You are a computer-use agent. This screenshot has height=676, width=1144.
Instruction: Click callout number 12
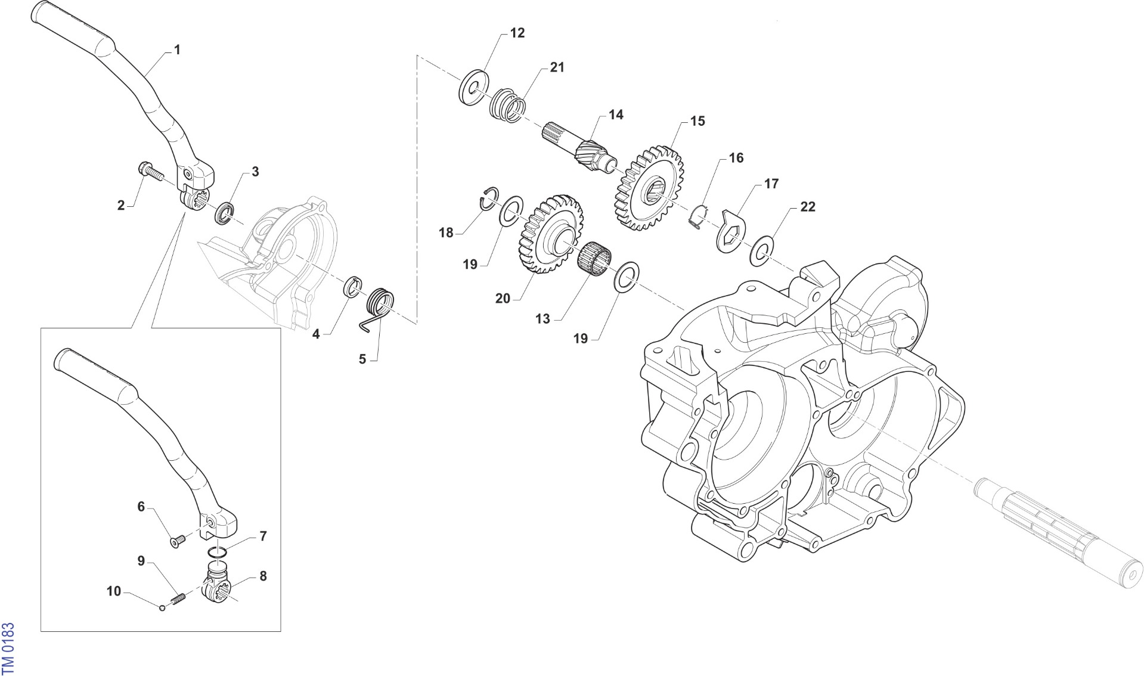pyautogui.click(x=517, y=33)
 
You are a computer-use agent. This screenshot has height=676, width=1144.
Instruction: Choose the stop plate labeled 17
pyautogui.click(x=731, y=230)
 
